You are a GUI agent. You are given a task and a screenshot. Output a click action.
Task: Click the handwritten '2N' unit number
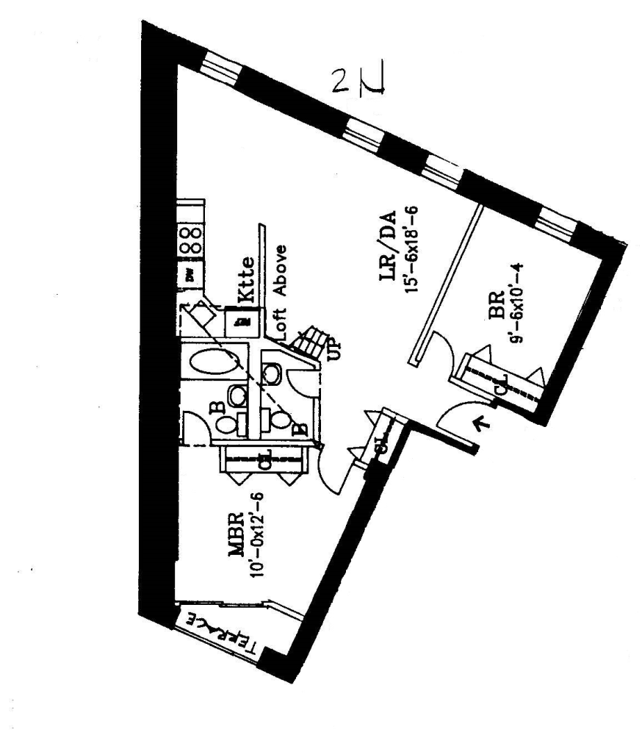point(359,80)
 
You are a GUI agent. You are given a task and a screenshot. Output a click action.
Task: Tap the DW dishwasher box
point(190,276)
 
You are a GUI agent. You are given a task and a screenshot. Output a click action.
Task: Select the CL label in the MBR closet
point(267,460)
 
